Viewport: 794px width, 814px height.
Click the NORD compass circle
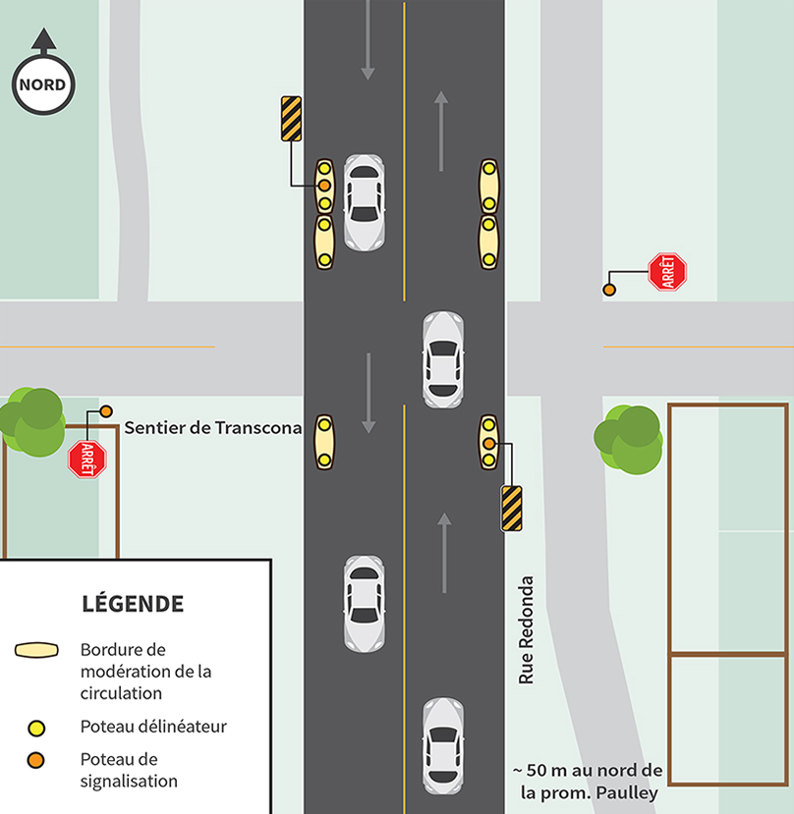pyautogui.click(x=42, y=84)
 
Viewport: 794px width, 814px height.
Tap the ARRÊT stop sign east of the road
pyautogui.click(x=667, y=272)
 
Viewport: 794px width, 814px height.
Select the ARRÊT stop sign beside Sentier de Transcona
pyautogui.click(x=86, y=459)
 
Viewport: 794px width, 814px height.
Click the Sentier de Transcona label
pyautogui.click(x=212, y=428)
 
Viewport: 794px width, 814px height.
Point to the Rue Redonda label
pyautogui.click(x=526, y=629)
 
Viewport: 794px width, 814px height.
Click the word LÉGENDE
pyautogui.click(x=132, y=603)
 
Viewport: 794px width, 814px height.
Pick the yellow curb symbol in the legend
pyautogui.click(x=43, y=651)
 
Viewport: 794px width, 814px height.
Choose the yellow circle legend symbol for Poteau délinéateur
pyautogui.click(x=37, y=728)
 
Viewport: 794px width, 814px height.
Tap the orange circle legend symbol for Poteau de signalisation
pyautogui.click(x=37, y=760)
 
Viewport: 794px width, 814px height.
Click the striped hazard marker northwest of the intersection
pyautogui.click(x=291, y=119)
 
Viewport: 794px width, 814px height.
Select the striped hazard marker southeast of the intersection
pyautogui.click(x=511, y=508)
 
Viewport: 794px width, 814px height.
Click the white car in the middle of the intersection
pyautogui.click(x=443, y=359)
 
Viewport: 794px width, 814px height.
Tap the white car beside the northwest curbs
pyautogui.click(x=364, y=202)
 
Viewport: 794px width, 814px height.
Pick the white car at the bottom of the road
pyautogui.click(x=443, y=745)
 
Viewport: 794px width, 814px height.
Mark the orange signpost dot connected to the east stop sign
pyautogui.click(x=609, y=290)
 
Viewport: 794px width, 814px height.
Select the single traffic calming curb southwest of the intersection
pyautogui.click(x=324, y=442)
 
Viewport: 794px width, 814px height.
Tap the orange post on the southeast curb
pyautogui.click(x=488, y=444)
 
